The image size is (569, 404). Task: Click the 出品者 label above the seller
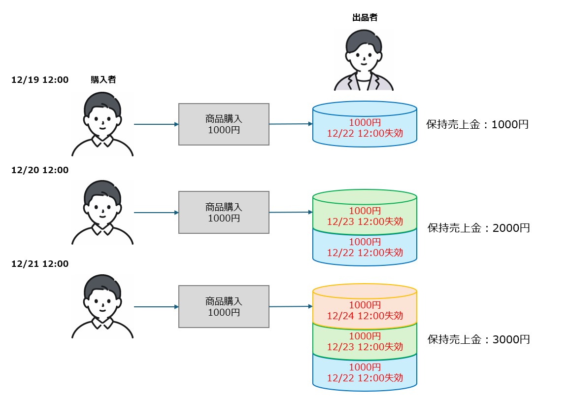pos(365,18)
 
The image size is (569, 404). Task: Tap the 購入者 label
pos(103,79)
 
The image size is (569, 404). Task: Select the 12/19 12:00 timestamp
pos(40,79)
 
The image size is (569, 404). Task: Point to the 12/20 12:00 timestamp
pos(40,170)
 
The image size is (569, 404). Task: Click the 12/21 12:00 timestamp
pos(40,264)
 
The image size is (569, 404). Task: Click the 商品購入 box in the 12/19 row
pos(224,124)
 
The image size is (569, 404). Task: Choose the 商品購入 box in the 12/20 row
pos(224,213)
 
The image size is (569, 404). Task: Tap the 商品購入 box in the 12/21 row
pos(224,306)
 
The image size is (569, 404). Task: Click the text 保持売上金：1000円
pos(477,124)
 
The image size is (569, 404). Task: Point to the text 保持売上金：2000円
pos(478,228)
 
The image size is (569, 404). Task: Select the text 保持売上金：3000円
pos(478,339)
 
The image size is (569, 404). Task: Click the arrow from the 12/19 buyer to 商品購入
pos(156,124)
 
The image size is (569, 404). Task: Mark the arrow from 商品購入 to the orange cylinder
pos(291,306)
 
